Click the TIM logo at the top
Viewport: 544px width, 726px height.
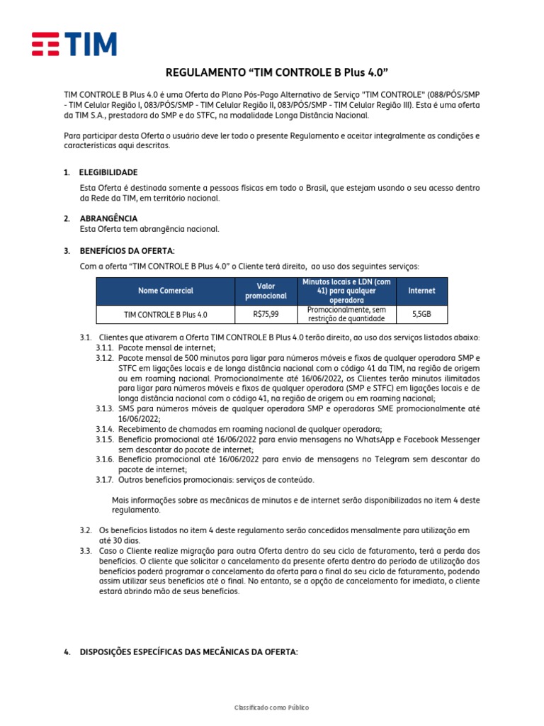pos(74,44)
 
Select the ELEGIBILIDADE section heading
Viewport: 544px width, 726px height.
pos(108,172)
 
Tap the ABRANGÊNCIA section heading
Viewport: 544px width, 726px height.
pos(108,218)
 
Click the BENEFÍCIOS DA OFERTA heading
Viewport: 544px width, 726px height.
pos(127,251)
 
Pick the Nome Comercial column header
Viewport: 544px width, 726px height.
pos(165,291)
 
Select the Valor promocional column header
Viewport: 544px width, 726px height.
pos(266,291)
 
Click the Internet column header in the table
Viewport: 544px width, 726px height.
pos(421,291)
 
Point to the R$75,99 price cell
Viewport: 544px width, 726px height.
pos(266,313)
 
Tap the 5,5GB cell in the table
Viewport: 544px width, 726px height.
pos(421,313)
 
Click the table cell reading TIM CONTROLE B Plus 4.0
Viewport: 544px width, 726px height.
pos(165,313)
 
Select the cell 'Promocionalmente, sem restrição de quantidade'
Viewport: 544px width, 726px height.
pos(346,313)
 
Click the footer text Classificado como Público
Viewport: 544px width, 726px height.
pos(272,708)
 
